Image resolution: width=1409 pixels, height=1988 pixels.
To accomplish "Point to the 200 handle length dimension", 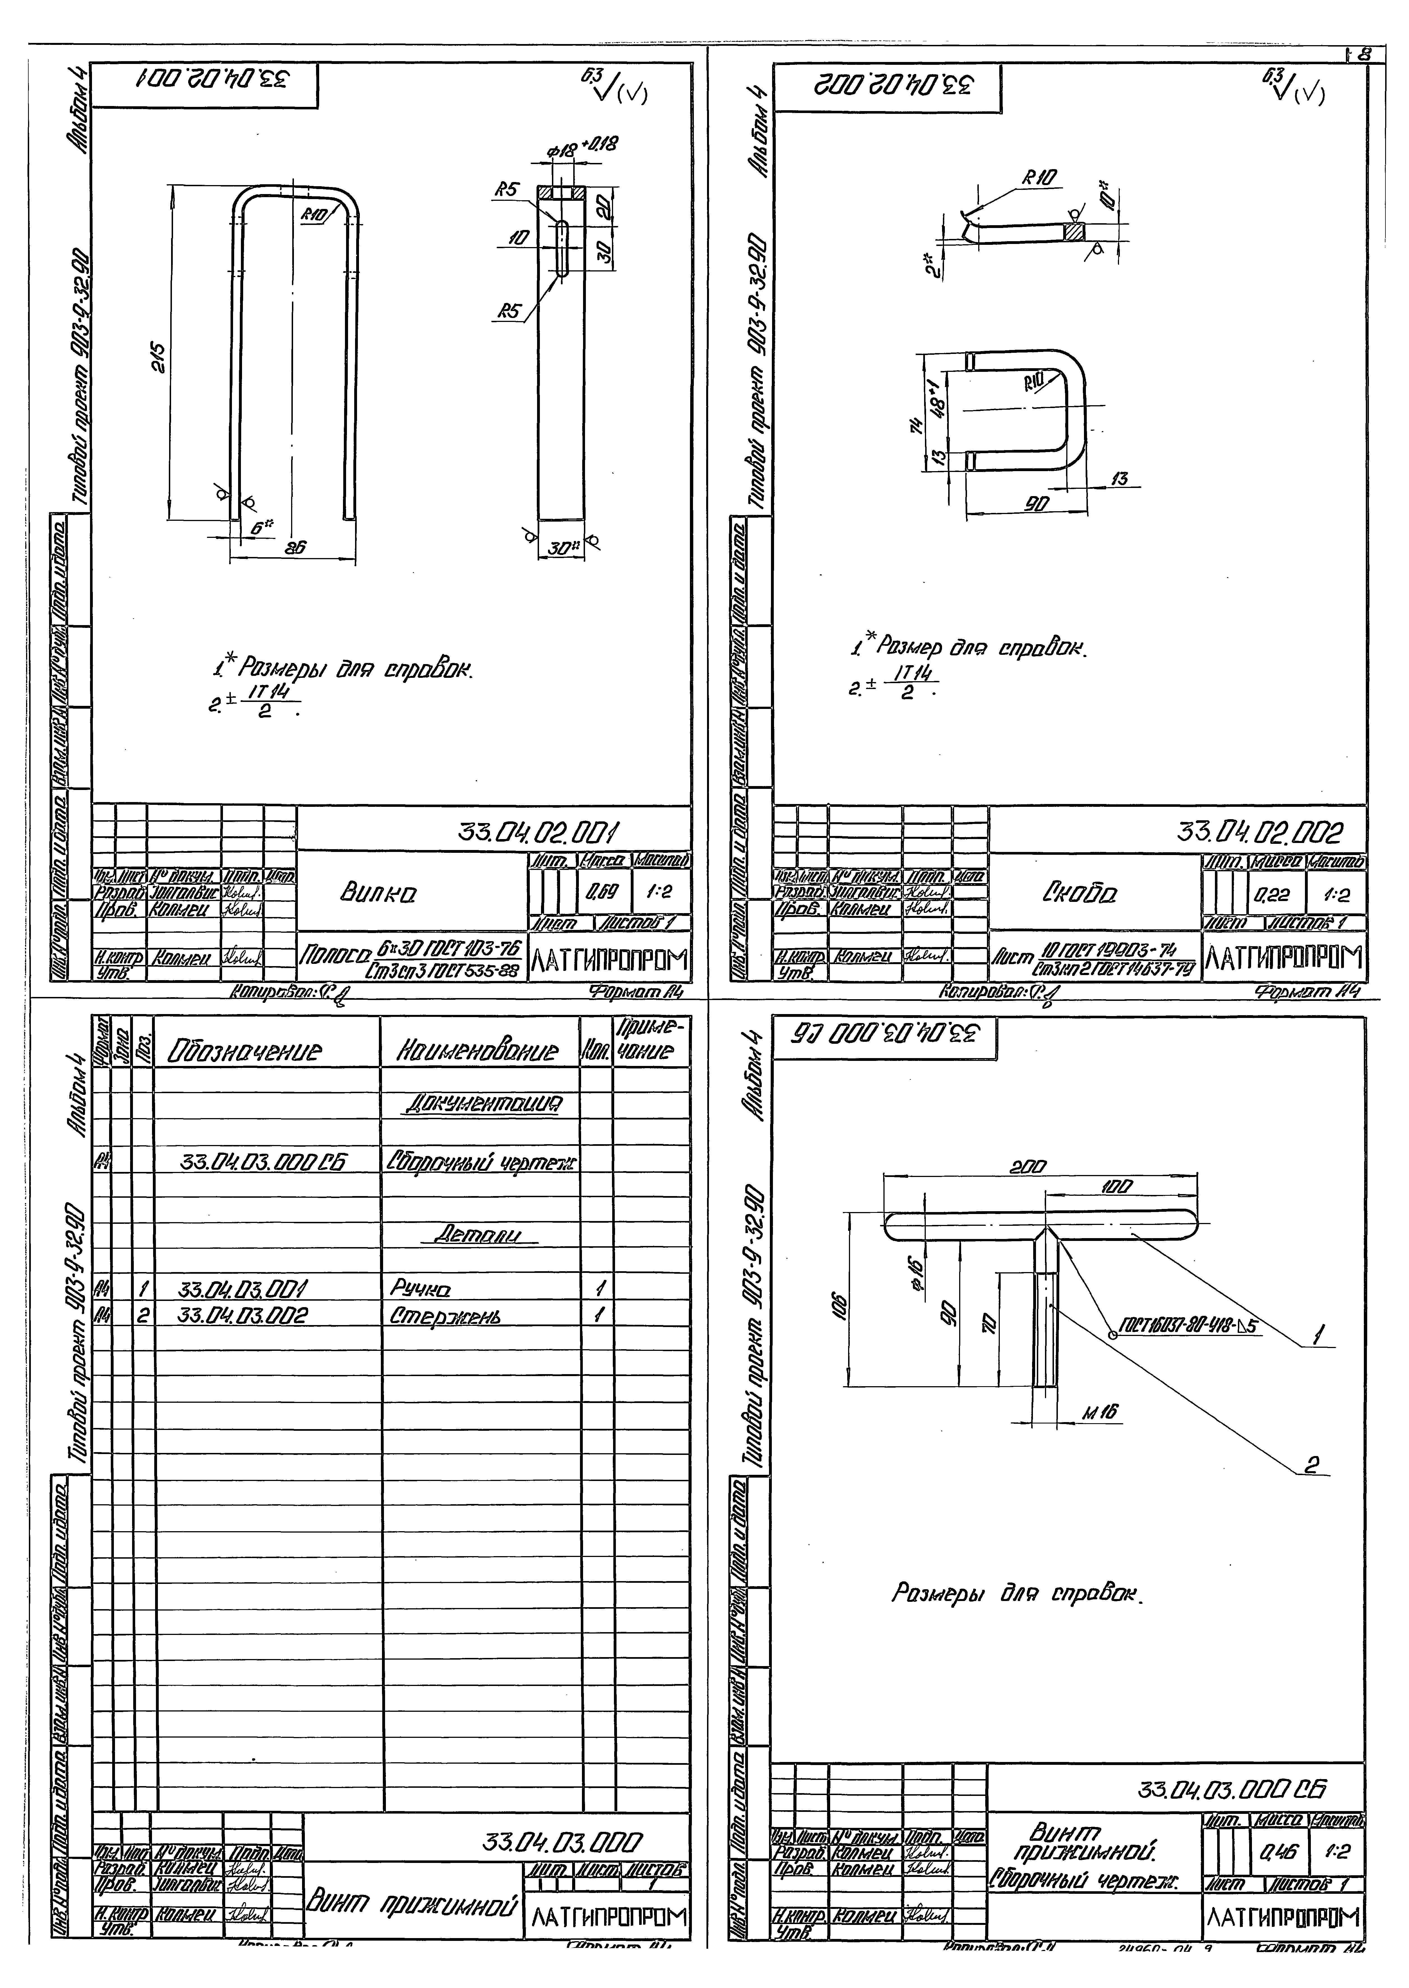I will (x=1027, y=1168).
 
